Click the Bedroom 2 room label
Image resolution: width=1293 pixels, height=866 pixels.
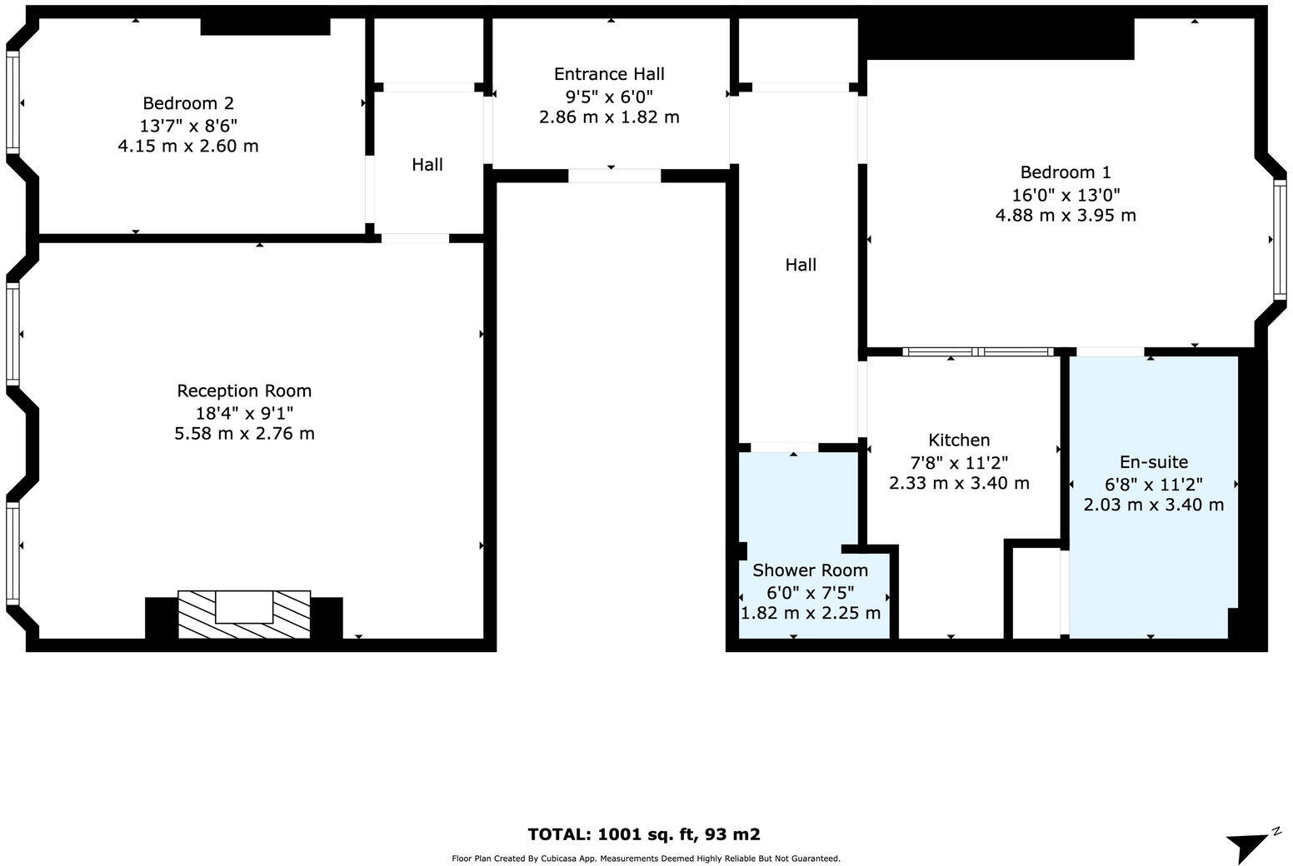pyautogui.click(x=188, y=103)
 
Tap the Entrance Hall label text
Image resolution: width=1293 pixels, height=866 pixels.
pyautogui.click(x=609, y=74)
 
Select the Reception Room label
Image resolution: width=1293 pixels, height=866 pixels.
pyautogui.click(x=244, y=391)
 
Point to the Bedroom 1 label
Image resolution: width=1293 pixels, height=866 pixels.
pyautogui.click(x=1066, y=172)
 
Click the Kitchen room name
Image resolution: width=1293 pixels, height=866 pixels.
pyautogui.click(x=959, y=440)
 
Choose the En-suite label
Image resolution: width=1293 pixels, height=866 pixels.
pyautogui.click(x=1153, y=462)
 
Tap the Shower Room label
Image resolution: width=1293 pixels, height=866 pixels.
pyautogui.click(x=810, y=570)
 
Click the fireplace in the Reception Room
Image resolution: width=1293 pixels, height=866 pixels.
pyautogui.click(x=244, y=615)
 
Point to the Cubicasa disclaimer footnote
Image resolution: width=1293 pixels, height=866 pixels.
pyautogui.click(x=646, y=859)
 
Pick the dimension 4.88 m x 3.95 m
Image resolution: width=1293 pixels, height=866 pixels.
pyautogui.click(x=1066, y=216)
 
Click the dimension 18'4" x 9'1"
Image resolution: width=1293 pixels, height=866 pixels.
pyautogui.click(x=244, y=412)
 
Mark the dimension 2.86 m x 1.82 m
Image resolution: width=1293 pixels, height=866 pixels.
pyautogui.click(x=609, y=117)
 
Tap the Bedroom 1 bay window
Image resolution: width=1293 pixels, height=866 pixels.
pyautogui.click(x=1279, y=240)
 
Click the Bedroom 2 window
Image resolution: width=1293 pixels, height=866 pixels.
pyautogui.click(x=12, y=102)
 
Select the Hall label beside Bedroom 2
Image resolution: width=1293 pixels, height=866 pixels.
pyautogui.click(x=427, y=165)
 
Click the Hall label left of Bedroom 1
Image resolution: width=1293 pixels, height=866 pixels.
pyautogui.click(x=801, y=265)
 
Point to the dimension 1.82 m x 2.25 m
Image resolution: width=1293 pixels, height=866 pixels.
pyautogui.click(x=810, y=614)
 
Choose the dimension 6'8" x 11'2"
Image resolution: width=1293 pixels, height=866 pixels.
pyautogui.click(x=1153, y=484)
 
